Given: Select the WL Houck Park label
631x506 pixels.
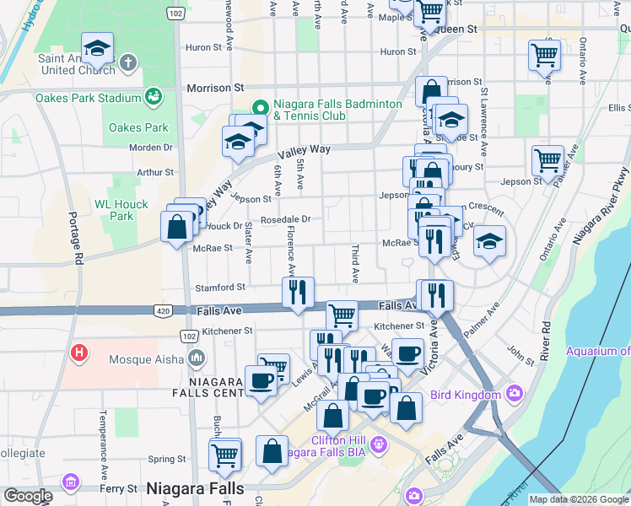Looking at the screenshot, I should point(121,210).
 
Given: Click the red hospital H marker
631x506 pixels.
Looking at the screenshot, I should point(79,352).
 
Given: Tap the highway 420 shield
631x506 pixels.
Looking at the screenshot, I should point(161,311).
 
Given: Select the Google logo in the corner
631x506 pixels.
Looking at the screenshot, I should point(27,496).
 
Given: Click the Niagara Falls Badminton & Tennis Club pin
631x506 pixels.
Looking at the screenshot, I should point(260,108).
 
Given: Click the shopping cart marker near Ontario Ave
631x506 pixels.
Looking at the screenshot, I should point(544,55).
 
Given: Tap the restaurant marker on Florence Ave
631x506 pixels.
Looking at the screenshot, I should point(298,292).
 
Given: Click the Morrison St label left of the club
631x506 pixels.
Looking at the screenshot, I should point(215,87).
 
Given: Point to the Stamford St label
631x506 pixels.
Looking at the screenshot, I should point(219,287).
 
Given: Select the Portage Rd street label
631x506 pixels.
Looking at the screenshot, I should point(77,245).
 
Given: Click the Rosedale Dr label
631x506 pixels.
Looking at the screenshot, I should point(286,219).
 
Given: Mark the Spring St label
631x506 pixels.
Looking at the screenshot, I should point(166,460).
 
